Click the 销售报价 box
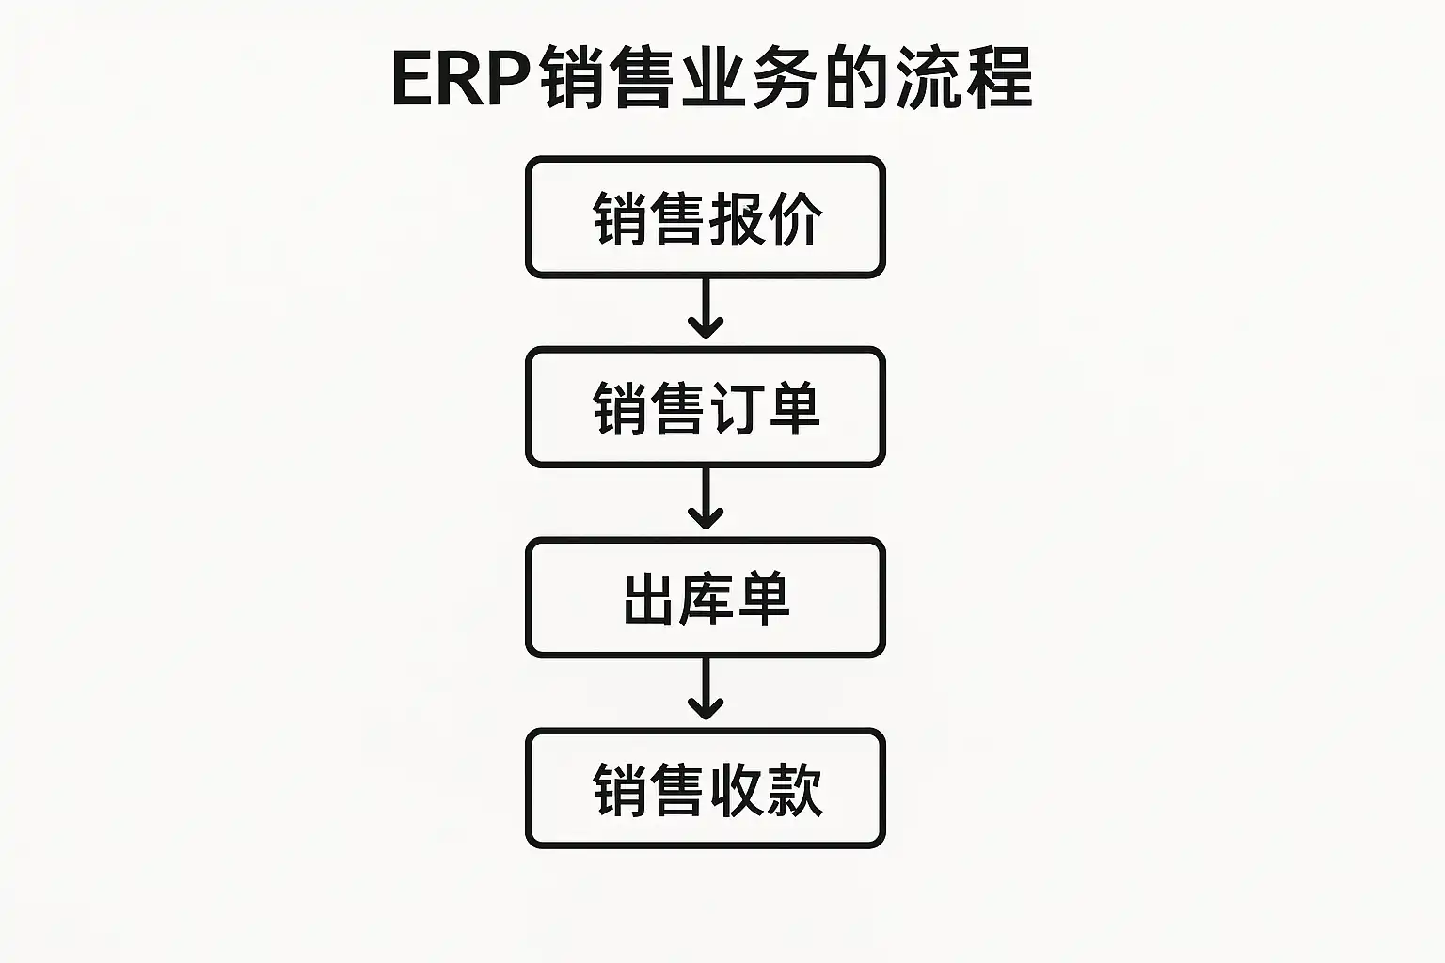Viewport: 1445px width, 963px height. [x=705, y=217]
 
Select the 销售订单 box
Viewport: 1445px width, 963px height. [x=705, y=407]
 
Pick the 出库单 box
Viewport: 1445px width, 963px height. [x=705, y=598]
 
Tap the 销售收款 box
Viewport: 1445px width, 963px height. [x=705, y=789]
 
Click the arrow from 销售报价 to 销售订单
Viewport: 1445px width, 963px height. [x=705, y=309]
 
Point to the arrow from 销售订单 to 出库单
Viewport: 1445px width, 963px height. [x=705, y=499]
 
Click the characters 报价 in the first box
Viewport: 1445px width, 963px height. [x=766, y=219]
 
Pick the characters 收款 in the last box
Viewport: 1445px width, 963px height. [x=766, y=790]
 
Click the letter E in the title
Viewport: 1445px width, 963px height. [x=412, y=79]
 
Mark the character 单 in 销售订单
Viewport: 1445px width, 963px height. [x=793, y=409]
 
